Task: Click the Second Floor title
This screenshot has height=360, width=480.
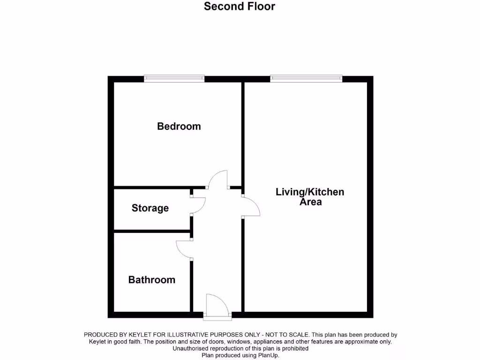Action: click(x=240, y=7)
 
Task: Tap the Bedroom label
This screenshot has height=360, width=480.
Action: click(x=179, y=126)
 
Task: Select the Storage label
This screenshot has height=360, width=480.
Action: click(x=150, y=208)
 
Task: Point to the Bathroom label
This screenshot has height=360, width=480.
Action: click(x=152, y=280)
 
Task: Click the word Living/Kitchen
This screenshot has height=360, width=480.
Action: click(x=310, y=192)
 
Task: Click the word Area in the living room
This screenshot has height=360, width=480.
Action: click(x=311, y=202)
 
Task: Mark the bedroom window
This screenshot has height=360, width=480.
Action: click(x=174, y=78)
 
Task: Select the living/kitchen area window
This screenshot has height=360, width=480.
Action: click(x=306, y=78)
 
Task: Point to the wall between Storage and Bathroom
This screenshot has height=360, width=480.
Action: click(x=151, y=231)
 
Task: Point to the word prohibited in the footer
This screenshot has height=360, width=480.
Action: click(x=294, y=349)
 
